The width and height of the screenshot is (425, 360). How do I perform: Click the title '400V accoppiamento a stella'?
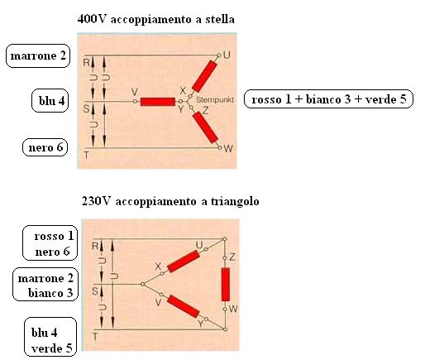pos(156,20)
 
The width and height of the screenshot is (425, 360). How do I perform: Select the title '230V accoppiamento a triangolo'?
pos(170,201)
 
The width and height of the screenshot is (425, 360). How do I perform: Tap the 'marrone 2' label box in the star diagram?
pos(38,55)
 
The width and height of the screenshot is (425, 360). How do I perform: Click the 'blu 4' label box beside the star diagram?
pos(50,101)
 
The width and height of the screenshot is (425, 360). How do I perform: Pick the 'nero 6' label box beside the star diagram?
pos(45,147)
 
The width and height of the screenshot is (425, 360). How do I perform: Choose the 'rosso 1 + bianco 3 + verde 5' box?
pos(328,99)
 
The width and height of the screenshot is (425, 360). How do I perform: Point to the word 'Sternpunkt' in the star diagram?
pos(215,100)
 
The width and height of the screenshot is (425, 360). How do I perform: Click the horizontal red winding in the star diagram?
pos(158,102)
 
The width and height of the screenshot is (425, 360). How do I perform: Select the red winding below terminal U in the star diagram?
pos(204,76)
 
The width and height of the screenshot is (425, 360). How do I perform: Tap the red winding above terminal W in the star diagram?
pos(205,127)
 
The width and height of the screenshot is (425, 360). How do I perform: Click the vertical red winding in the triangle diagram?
pos(226,284)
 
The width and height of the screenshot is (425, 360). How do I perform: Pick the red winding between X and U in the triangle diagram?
pos(184,262)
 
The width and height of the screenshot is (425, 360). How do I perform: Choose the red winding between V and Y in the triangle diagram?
pos(184,306)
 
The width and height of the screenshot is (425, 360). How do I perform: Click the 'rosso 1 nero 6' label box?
pos(50,243)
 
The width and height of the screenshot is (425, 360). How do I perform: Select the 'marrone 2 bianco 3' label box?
pos(45,284)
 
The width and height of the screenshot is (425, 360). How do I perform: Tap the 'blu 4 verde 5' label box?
pos(50,337)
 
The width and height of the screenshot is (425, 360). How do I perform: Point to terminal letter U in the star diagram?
pos(227,55)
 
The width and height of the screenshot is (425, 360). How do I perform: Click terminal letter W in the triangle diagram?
pos(233,309)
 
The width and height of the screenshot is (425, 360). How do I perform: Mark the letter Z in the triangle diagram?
pos(232,257)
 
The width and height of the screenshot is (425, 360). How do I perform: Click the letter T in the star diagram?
pos(87,156)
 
